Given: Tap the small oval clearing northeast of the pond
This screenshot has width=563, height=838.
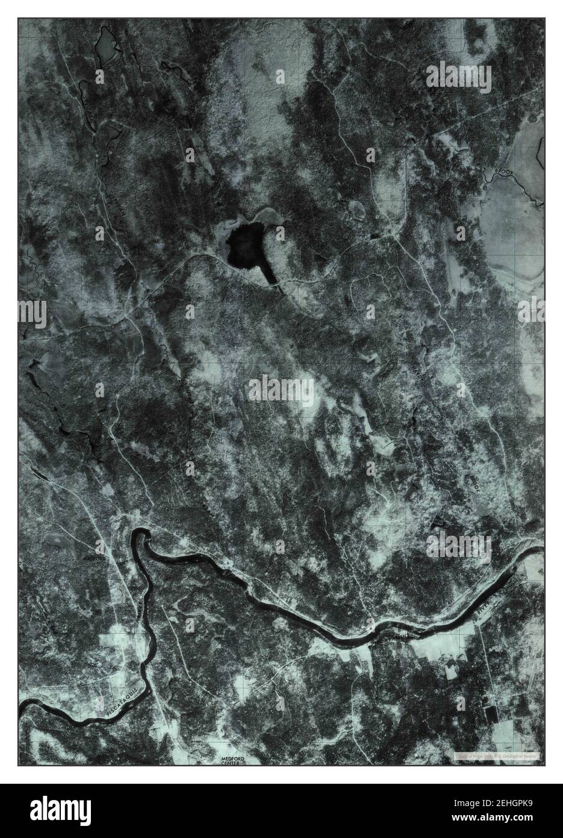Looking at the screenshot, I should [x=356, y=209].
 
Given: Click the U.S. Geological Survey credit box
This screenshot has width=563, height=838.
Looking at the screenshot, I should [x=497, y=755].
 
